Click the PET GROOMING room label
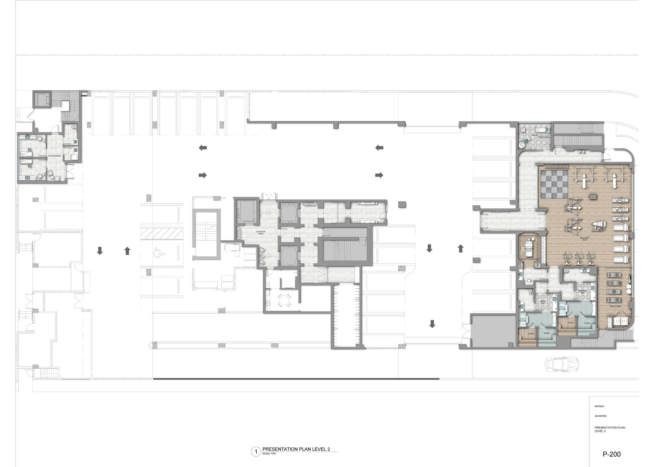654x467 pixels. tap(54, 156)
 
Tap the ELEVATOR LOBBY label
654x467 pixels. tap(261, 233)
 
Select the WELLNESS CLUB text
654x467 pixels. tap(584, 239)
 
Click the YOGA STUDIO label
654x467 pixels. tap(615, 306)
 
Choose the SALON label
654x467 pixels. tap(535, 135)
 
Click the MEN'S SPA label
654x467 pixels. tap(543, 302)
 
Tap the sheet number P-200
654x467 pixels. tap(611, 454)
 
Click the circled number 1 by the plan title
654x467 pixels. tap(256, 452)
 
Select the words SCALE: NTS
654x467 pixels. tap(269, 454)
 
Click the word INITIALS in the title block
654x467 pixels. tap(599, 406)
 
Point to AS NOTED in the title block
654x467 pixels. tap(600, 416)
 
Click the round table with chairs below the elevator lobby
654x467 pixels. tap(284, 300)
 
